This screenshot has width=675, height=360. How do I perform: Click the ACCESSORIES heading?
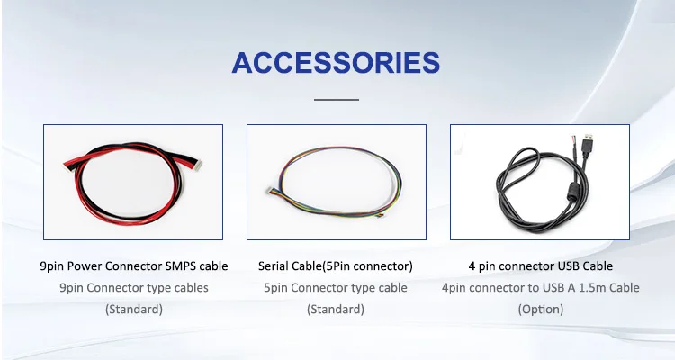click(336, 63)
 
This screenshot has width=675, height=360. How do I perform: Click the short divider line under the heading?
click(337, 100)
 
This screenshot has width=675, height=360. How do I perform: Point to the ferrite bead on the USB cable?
click(573, 189)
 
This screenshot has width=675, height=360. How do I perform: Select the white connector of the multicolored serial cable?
click(271, 190)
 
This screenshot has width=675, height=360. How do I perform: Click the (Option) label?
click(541, 310)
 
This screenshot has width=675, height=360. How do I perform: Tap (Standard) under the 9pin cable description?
click(134, 310)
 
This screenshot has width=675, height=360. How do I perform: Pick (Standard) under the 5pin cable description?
click(336, 310)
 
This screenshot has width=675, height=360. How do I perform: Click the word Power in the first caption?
click(85, 266)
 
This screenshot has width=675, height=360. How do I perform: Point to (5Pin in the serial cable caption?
click(337, 266)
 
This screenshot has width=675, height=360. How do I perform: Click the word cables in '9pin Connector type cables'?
click(192, 288)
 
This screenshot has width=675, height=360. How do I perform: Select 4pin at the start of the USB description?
click(454, 288)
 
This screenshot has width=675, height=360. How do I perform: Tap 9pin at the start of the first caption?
click(51, 266)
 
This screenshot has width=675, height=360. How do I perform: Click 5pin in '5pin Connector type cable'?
click(275, 288)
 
